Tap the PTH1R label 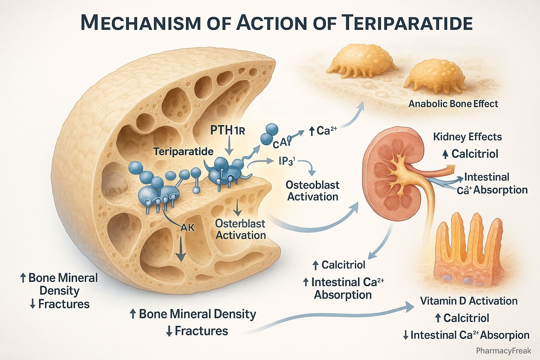point(227,130)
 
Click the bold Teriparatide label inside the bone point(183,152)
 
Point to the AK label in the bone point(187,227)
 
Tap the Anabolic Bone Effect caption point(453,104)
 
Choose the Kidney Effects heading point(467,136)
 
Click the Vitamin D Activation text point(469,301)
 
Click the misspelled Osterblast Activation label point(240,229)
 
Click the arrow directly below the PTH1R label point(229,146)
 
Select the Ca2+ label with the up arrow point(323,131)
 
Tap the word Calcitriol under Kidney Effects point(475,154)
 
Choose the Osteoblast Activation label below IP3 point(313,191)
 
